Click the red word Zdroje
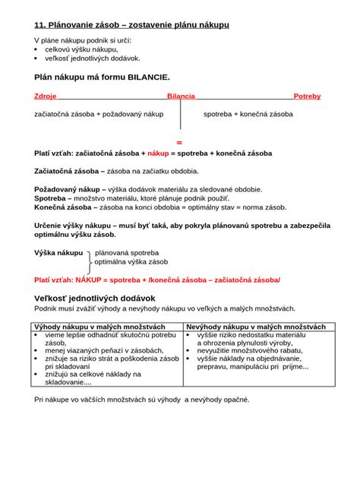(x=46, y=96)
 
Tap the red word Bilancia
(x=181, y=96)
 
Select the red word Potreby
(x=307, y=96)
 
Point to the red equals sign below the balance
(x=179, y=142)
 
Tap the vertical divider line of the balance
(x=180, y=114)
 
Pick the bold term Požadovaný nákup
(x=68, y=189)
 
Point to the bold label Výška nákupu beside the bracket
(x=58, y=252)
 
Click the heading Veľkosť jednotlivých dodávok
(x=95, y=298)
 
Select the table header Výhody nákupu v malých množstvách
(x=99, y=327)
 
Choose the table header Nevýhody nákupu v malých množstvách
(x=256, y=327)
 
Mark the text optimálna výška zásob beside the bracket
(x=129, y=261)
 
